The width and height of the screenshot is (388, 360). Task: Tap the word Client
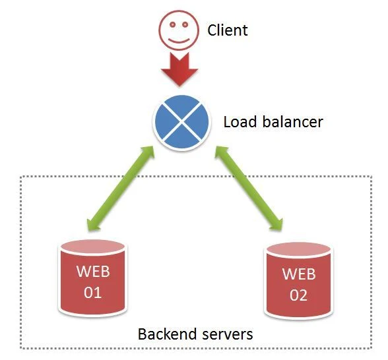click(228, 30)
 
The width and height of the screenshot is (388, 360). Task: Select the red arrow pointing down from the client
click(179, 69)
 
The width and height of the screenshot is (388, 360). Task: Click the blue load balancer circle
click(182, 122)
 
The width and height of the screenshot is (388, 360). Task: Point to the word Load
click(240, 122)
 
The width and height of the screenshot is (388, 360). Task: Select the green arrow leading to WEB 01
click(121, 189)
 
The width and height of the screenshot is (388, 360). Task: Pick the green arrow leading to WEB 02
click(248, 189)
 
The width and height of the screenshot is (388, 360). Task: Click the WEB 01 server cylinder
click(92, 278)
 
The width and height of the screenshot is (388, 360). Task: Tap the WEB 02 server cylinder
click(298, 280)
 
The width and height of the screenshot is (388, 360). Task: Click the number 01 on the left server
click(93, 293)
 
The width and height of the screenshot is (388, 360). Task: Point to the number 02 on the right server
click(298, 295)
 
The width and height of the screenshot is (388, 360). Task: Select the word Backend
click(168, 334)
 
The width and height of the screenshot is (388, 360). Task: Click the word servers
click(228, 335)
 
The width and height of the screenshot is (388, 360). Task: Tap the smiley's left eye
click(173, 24)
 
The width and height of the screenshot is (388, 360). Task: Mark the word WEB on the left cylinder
click(93, 271)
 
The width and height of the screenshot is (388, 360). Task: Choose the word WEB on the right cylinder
click(299, 274)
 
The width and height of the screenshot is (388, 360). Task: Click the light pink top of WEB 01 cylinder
click(92, 247)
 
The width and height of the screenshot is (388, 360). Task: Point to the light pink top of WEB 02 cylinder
click(298, 249)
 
